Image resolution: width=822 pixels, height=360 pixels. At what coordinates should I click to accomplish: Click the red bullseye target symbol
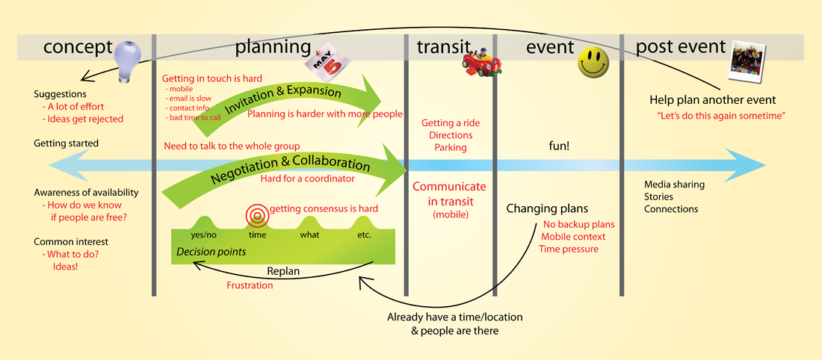(256, 214)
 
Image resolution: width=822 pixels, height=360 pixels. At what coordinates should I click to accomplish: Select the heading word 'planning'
(273, 48)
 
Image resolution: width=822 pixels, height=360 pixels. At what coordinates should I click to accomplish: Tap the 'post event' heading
(681, 47)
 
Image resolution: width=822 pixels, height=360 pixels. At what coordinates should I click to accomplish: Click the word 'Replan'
(283, 272)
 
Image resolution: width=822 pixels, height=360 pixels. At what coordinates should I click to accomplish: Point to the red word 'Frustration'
(250, 285)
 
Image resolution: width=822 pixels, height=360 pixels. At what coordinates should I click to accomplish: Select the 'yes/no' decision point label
(202, 235)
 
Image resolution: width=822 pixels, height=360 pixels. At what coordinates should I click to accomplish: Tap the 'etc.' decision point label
(364, 235)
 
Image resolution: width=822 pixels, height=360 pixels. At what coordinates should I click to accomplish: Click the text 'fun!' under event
(559, 146)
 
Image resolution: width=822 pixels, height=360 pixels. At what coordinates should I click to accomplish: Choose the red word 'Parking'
(451, 147)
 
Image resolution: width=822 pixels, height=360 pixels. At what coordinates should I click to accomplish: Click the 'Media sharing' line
(674, 184)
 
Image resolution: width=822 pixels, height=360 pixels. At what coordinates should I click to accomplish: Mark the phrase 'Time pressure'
(568, 249)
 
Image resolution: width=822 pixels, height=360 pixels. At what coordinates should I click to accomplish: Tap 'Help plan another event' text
(720, 99)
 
